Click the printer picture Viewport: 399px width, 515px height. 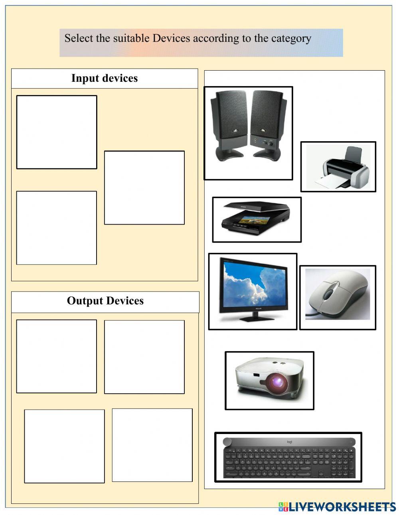click(x=338, y=167)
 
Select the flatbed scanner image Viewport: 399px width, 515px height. click(x=257, y=219)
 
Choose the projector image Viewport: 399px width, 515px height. click(x=270, y=380)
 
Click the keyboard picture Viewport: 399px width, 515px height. click(x=288, y=457)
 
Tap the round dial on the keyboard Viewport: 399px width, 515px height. click(x=227, y=442)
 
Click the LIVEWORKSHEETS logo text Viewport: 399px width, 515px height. click(x=342, y=507)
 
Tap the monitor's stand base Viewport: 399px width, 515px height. click(x=252, y=319)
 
